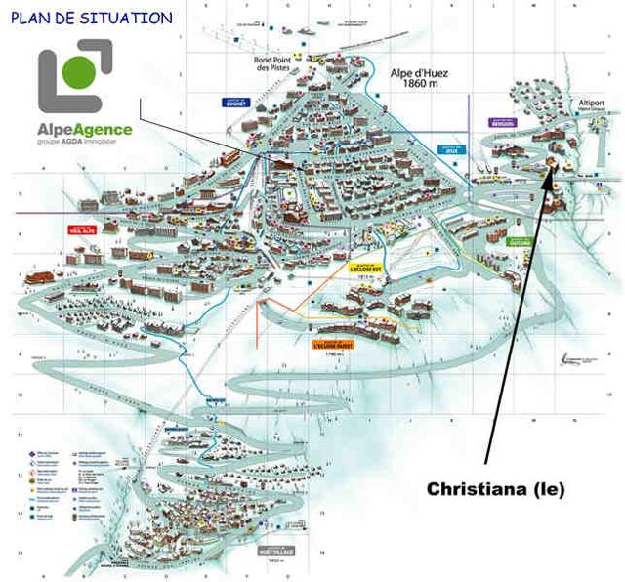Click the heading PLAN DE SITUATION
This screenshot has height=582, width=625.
tap(92, 18)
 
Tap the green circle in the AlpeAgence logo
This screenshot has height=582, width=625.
tap(83, 73)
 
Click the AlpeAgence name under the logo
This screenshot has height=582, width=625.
tap(85, 129)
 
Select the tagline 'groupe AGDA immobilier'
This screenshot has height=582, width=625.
tap(85, 143)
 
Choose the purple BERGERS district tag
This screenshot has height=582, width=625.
tap(503, 122)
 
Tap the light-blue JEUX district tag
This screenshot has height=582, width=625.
tap(449, 150)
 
